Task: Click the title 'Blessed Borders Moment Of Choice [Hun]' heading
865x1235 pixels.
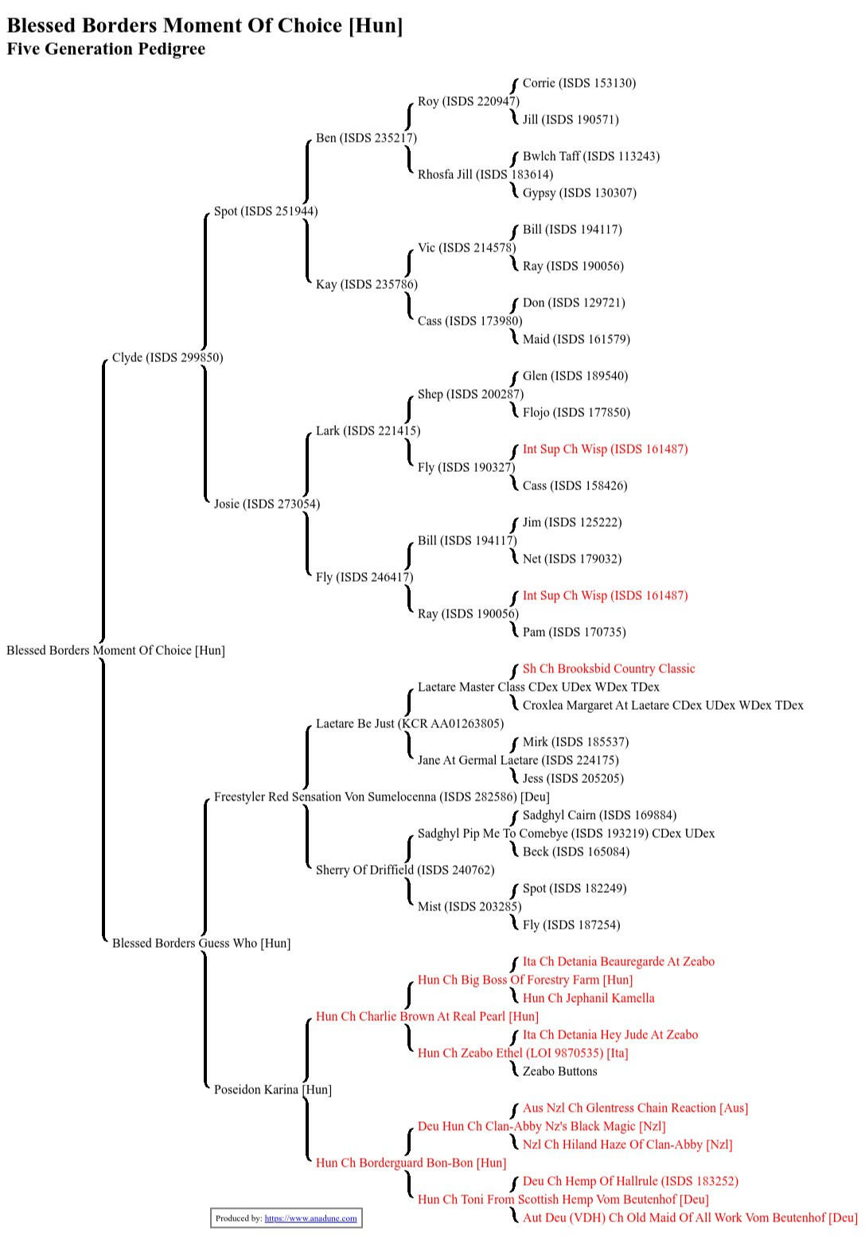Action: (205, 25)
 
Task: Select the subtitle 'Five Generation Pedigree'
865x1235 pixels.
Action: (106, 49)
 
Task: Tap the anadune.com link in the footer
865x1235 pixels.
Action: (310, 1218)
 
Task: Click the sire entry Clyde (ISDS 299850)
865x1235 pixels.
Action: (167, 358)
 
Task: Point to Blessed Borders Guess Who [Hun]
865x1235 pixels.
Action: (201, 944)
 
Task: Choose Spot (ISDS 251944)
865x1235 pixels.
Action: (265, 212)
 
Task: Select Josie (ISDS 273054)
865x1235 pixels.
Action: (267, 505)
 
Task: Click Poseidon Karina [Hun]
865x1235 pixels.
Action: (272, 1090)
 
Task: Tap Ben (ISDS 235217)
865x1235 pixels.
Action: (366, 138)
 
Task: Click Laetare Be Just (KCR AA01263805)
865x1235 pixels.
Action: (409, 724)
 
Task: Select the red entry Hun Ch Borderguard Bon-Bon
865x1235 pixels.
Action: (411, 1163)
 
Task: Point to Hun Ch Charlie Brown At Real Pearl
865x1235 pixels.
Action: (427, 1017)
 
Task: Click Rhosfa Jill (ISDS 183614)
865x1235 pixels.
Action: (485, 175)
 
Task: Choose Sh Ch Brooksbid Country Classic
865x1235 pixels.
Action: (608, 669)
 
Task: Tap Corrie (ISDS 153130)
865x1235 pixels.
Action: (579, 84)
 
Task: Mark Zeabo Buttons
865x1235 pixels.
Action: (559, 1072)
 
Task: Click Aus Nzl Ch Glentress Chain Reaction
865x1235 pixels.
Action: (635, 1108)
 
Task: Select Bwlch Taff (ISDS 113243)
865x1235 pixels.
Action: (590, 157)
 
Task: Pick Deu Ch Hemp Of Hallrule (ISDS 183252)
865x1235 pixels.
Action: (629, 1182)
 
